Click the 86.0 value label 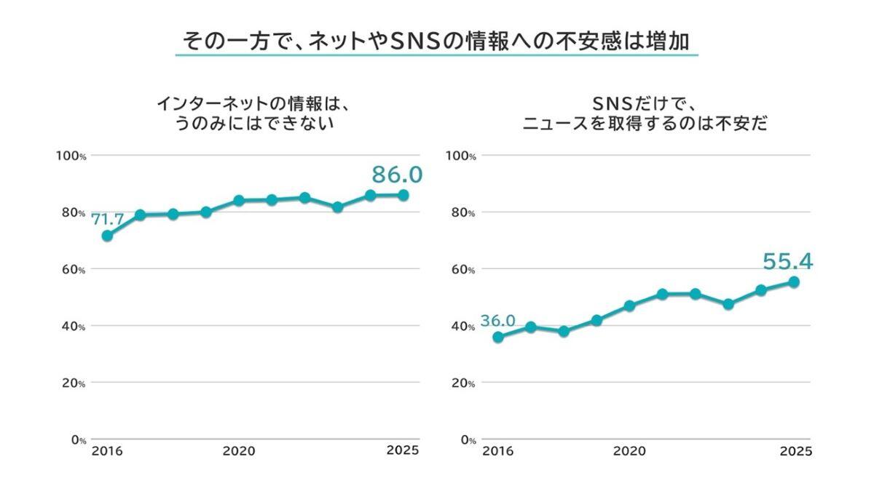397,175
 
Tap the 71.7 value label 108,218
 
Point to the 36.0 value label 497,321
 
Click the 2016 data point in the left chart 107,236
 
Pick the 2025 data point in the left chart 403,195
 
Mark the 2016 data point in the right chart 497,337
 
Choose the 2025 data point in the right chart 794,282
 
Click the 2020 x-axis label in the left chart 238,451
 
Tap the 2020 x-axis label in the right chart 629,451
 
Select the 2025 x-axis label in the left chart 403,450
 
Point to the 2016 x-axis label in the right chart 497,451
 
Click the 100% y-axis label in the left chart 72,156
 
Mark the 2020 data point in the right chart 629,306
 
